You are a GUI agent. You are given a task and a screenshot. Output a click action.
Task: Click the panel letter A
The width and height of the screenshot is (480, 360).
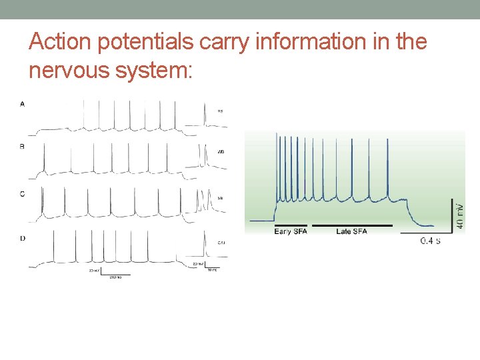point(23,103)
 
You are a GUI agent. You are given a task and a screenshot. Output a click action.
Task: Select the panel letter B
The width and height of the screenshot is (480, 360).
point(23,147)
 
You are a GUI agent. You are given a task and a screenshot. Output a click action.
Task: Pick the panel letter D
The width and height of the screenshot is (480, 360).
point(23,238)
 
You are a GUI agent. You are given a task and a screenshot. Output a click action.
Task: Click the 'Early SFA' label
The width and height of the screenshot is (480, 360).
point(291,232)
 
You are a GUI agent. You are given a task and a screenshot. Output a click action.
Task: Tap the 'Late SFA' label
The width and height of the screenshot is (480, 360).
point(352,232)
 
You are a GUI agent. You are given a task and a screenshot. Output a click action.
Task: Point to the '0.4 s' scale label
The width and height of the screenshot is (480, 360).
point(430,240)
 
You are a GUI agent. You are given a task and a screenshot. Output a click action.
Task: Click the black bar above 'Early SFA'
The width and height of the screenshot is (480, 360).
point(291,225)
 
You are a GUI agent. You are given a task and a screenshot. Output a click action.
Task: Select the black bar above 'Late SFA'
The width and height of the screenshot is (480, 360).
point(352,225)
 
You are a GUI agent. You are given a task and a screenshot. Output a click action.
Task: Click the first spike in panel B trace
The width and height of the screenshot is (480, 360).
point(45,159)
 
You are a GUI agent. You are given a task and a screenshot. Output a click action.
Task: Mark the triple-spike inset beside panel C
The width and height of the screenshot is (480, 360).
point(203,200)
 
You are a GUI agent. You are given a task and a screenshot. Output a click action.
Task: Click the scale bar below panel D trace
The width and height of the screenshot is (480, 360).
point(111,273)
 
